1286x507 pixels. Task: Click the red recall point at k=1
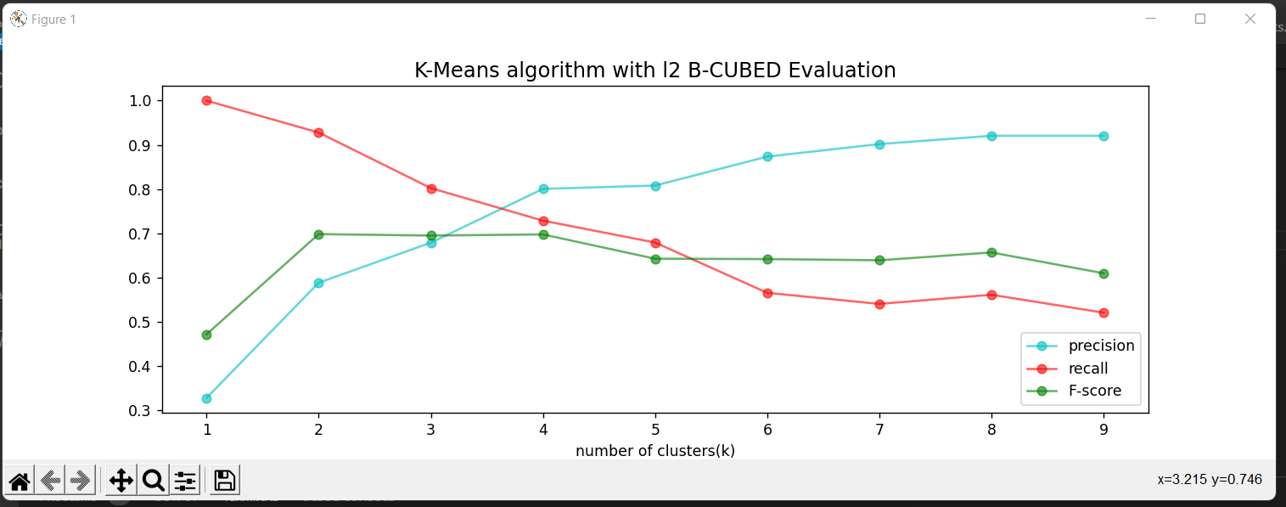pos(206,100)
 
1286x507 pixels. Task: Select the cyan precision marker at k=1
pos(206,398)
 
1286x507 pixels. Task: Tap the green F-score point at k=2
pos(318,234)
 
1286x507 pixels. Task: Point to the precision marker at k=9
pos(1103,136)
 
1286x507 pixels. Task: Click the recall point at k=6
pos(767,293)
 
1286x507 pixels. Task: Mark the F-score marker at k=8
pos(991,252)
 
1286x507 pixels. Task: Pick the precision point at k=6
pos(767,156)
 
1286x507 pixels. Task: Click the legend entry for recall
pos(1088,369)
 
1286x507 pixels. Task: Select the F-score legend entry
pos(1094,391)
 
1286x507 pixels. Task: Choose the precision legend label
pos(1101,346)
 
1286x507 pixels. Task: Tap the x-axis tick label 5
pos(654,431)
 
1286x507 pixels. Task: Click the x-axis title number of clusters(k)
pos(654,450)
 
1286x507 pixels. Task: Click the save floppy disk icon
pos(224,482)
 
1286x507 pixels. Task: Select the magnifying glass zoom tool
pos(153,482)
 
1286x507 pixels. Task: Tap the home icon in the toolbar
pos(20,482)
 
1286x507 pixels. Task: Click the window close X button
pos(1249,19)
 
